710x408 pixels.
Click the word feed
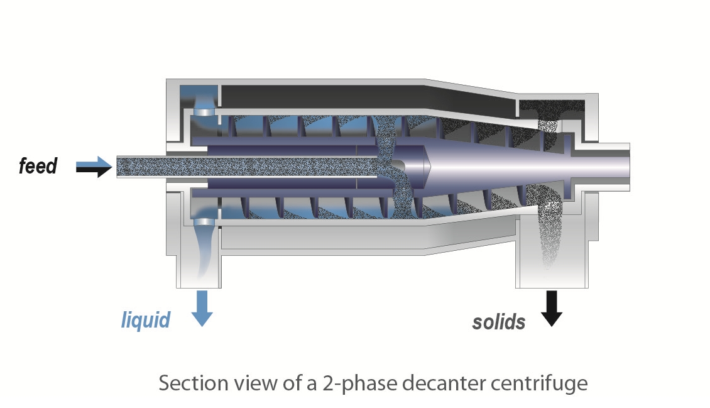38,167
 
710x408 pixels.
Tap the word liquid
146,320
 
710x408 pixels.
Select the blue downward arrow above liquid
202,307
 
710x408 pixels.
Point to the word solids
498,322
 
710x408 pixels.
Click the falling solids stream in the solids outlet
548,233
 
